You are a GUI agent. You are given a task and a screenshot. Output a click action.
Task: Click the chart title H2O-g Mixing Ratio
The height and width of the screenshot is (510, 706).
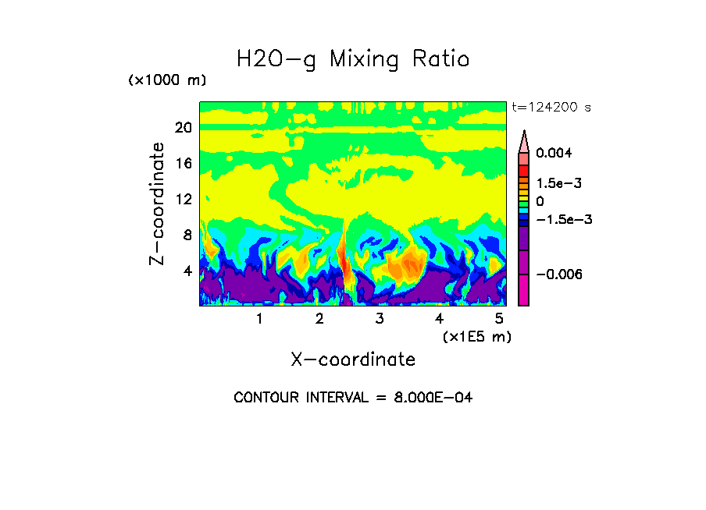click(353, 59)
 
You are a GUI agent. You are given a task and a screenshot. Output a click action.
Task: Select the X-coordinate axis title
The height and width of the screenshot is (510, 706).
click(353, 359)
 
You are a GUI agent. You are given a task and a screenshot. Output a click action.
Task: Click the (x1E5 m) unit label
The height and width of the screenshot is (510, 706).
click(476, 336)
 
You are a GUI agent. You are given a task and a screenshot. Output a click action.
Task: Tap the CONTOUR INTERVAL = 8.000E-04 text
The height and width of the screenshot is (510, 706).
click(353, 398)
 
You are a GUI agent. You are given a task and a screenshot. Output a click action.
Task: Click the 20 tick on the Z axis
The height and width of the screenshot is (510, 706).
click(184, 128)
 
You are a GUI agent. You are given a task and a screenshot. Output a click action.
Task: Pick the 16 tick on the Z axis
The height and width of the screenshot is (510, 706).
click(184, 164)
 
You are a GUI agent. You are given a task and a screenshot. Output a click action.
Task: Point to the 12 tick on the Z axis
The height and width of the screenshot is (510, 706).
click(184, 200)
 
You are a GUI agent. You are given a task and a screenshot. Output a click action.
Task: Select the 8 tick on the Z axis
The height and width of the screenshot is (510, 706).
click(187, 235)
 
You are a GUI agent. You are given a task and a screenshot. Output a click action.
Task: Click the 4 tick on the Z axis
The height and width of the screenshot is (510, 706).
click(187, 271)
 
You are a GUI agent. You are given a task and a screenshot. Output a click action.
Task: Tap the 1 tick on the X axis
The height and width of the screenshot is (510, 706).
click(259, 318)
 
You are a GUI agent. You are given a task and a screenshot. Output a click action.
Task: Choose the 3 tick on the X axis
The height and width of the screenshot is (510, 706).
click(380, 318)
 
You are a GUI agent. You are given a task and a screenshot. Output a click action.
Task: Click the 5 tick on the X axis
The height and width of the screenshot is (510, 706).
click(499, 318)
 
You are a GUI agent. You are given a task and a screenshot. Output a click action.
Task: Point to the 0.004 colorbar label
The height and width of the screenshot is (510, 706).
click(554, 153)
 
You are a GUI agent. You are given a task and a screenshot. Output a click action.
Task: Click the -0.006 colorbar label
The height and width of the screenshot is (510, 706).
click(558, 274)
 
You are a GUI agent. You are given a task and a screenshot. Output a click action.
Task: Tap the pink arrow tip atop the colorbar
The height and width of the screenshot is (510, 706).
click(523, 140)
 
